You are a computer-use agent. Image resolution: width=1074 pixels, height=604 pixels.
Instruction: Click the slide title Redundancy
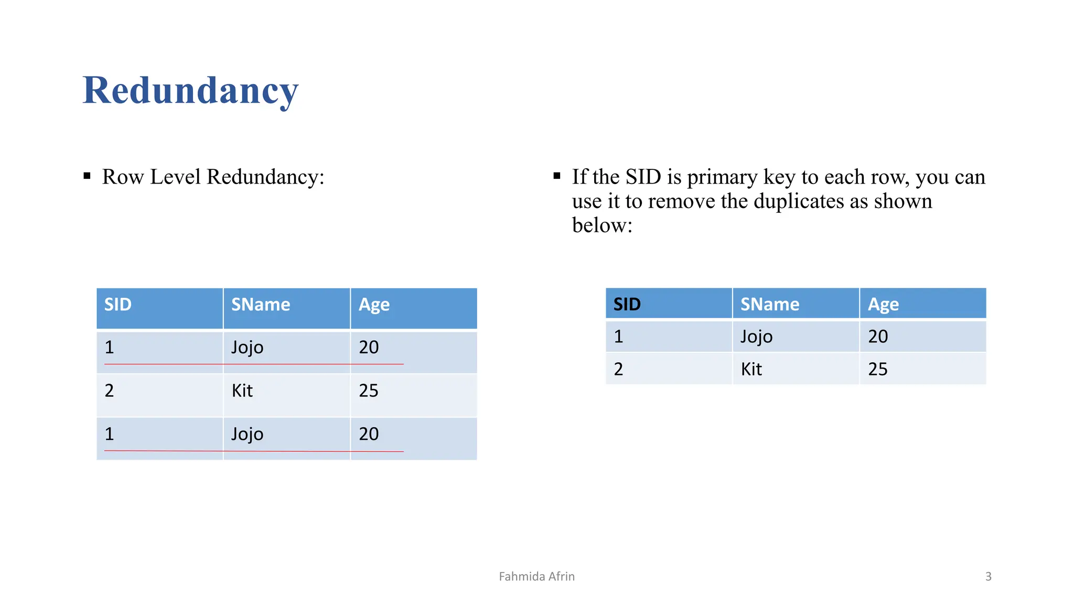pyautogui.click(x=190, y=90)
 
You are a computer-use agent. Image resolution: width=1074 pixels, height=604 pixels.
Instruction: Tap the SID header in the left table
pyautogui.click(x=118, y=305)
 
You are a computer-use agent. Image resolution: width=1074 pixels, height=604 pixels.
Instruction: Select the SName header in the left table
pyautogui.click(x=261, y=305)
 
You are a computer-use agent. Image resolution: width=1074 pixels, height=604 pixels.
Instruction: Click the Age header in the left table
pyautogui.click(x=374, y=305)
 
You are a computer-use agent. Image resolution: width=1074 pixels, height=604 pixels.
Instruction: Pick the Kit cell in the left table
pyautogui.click(x=242, y=391)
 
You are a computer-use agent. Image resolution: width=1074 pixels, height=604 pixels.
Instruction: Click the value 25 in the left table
pyautogui.click(x=369, y=391)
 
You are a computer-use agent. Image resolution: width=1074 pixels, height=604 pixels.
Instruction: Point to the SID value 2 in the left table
pyautogui.click(x=109, y=391)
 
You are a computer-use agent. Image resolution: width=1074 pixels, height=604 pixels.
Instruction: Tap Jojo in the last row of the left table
pyautogui.click(x=248, y=434)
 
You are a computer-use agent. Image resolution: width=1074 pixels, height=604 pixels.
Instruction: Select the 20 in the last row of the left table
pyautogui.click(x=369, y=434)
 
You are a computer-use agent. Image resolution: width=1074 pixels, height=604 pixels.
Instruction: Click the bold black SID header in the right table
pyautogui.click(x=627, y=305)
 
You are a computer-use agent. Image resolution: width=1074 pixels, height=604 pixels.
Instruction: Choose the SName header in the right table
pyautogui.click(x=770, y=305)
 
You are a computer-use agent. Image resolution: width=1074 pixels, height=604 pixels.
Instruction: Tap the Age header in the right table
pyautogui.click(x=883, y=305)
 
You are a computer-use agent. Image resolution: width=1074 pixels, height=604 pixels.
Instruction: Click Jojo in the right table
pyautogui.click(x=757, y=337)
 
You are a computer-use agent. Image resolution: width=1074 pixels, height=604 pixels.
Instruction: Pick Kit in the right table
pyautogui.click(x=751, y=369)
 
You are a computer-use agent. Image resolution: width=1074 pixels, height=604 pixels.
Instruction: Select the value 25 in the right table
pyautogui.click(x=878, y=369)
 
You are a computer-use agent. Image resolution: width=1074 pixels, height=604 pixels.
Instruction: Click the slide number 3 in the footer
pyautogui.click(x=989, y=577)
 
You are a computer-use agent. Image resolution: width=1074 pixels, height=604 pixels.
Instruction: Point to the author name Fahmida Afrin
pyautogui.click(x=536, y=577)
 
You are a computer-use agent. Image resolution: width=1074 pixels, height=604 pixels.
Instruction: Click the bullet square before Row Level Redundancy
pyautogui.click(x=87, y=176)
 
